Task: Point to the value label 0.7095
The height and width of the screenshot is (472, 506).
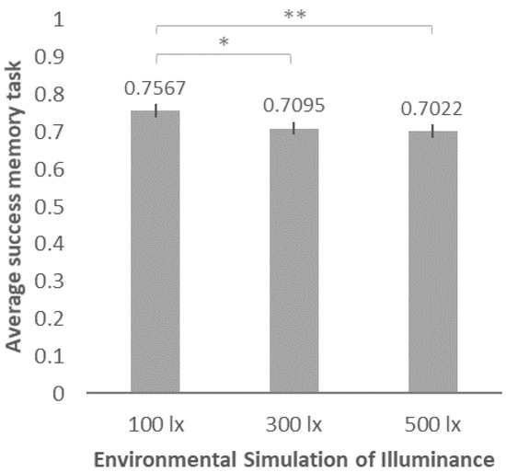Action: point(293,106)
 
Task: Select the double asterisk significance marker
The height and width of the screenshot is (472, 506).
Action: point(293,16)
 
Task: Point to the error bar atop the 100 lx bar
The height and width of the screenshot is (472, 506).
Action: point(156,110)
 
